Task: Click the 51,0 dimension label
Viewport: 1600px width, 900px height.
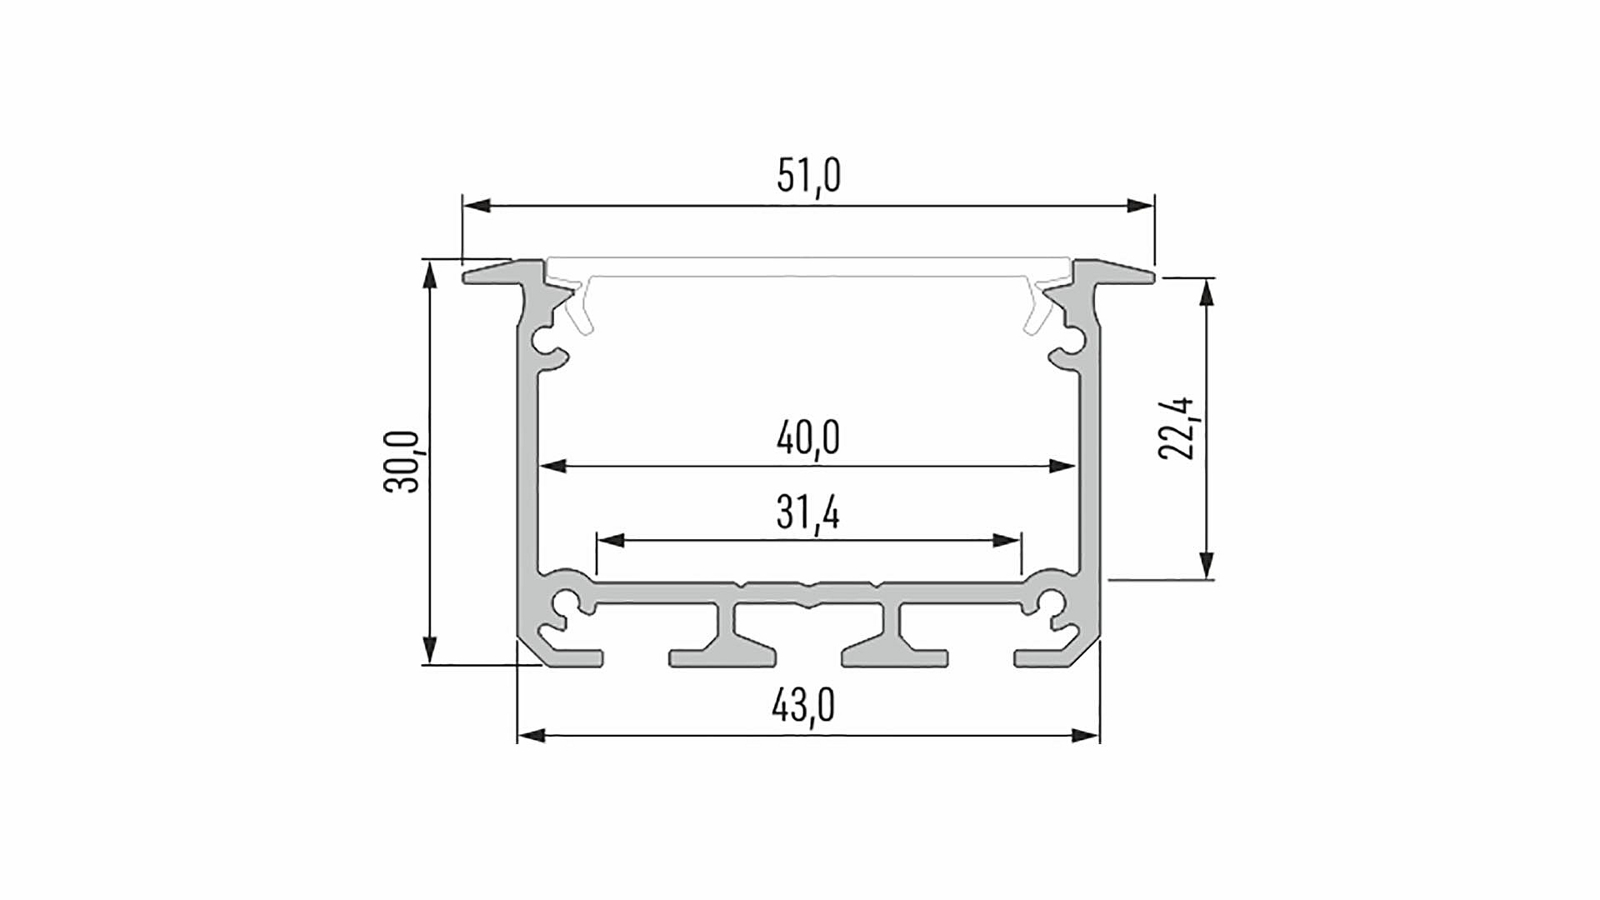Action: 808,177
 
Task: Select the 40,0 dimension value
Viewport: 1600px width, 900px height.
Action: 807,438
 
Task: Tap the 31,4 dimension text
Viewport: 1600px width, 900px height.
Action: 807,512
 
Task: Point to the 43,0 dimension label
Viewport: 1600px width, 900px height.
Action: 803,707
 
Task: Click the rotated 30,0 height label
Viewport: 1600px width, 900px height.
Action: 402,462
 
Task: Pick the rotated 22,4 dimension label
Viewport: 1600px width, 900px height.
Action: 1177,428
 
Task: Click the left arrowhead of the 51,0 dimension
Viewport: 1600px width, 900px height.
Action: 477,205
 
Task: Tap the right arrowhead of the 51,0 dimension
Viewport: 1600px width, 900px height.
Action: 1141,205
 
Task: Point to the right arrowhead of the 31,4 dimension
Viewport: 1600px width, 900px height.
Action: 1007,541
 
